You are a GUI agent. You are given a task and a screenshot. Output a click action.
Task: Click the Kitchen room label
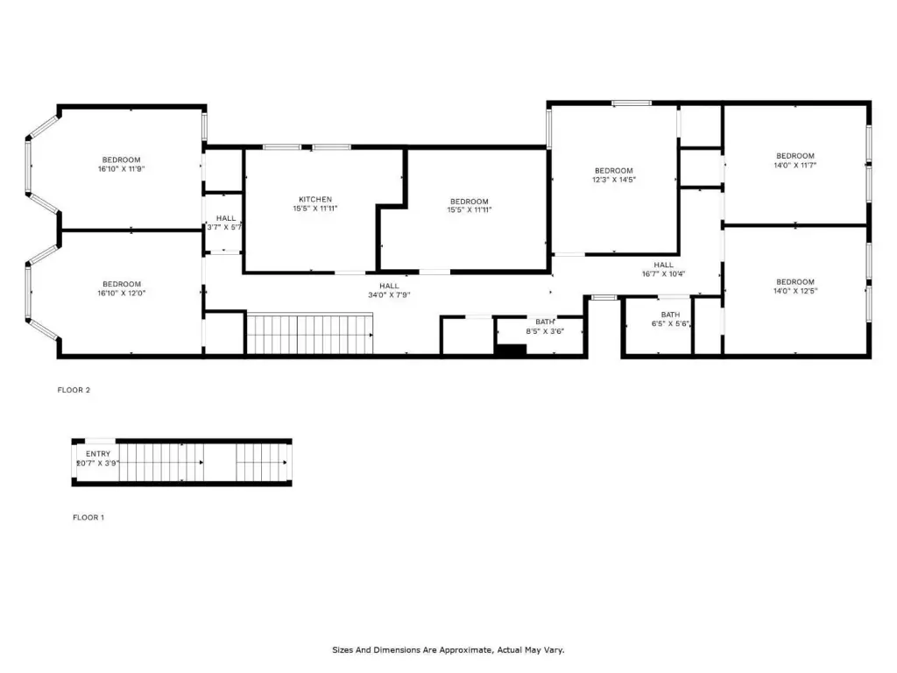315,199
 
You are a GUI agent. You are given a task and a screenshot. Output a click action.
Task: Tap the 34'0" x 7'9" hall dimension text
389,295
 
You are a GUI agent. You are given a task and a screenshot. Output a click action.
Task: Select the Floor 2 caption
74,390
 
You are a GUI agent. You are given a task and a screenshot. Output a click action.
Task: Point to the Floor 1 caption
88,517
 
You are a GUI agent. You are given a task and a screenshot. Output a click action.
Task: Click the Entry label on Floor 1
98,454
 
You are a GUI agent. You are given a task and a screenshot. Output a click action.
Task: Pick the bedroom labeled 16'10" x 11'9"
121,164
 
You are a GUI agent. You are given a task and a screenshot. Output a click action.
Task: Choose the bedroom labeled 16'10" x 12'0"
121,288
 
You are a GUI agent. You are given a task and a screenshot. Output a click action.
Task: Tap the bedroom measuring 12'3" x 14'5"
614,175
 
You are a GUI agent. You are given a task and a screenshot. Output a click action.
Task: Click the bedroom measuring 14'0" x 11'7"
795,160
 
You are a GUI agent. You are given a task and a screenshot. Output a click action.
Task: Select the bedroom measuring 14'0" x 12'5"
795,287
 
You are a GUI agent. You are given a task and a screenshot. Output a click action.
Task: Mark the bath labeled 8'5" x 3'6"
545,327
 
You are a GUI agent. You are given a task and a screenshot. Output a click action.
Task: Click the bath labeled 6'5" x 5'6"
670,319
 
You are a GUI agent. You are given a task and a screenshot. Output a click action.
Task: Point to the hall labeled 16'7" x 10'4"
664,270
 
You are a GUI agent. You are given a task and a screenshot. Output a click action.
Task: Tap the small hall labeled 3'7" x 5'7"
225,223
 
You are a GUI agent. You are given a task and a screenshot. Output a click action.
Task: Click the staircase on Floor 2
309,333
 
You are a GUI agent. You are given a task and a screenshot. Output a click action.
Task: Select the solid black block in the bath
511,350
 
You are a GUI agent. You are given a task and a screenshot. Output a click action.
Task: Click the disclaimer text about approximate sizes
448,650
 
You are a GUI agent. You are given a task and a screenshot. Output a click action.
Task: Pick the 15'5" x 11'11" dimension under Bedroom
470,210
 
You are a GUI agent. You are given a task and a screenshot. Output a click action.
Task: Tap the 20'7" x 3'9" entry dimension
98,463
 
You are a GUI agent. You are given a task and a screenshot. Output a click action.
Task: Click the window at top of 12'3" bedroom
631,103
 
